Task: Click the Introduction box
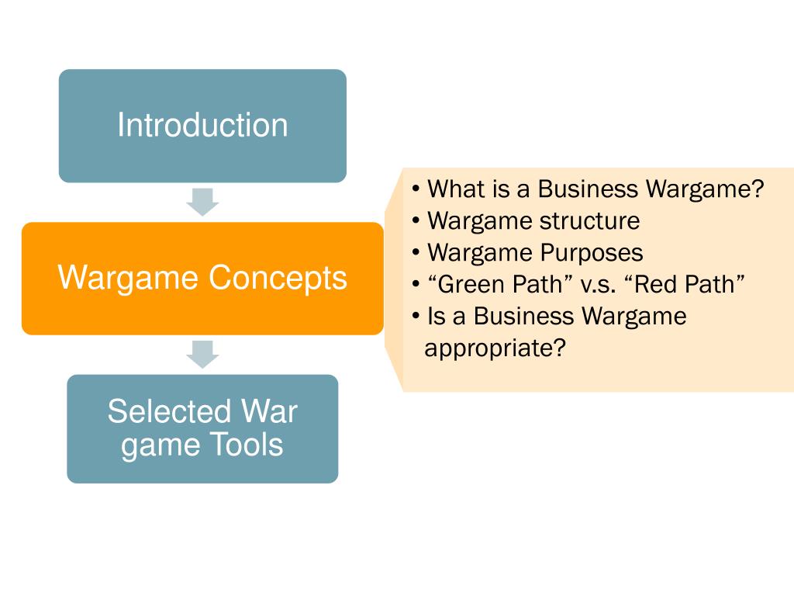click(202, 126)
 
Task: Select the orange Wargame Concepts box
click(202, 278)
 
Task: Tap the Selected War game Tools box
click(202, 428)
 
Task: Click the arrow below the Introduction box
click(203, 202)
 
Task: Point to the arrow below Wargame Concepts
click(203, 355)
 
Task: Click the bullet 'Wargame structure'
click(533, 221)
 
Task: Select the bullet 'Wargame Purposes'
click(535, 253)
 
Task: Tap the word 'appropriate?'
click(495, 348)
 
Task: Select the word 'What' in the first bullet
click(456, 189)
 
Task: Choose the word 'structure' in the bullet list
click(590, 221)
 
